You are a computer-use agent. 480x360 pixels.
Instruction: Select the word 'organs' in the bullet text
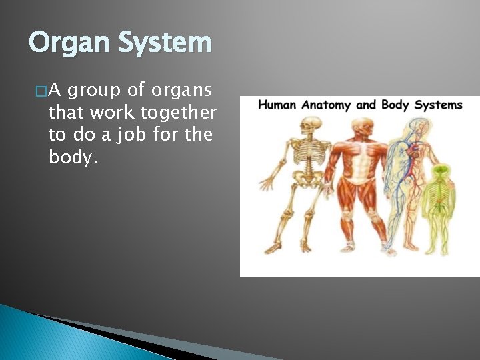tap(182, 91)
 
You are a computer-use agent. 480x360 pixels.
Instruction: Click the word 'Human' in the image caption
tap(277, 105)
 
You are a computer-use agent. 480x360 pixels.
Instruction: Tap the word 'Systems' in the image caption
tap(437, 105)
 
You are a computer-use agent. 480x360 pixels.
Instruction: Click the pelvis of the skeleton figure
tap(307, 183)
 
